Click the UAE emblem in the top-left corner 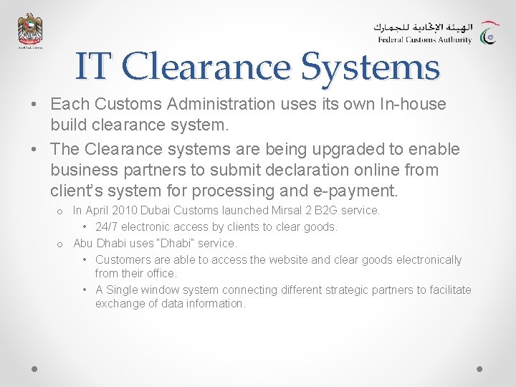pyautogui.click(x=30, y=31)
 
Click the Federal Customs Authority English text pyautogui.click(x=424, y=40)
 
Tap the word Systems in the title pyautogui.click(x=370, y=67)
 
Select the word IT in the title pyautogui.click(x=93, y=67)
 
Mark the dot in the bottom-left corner pyautogui.click(x=34, y=368)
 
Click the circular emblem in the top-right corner pyautogui.click(x=490, y=34)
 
